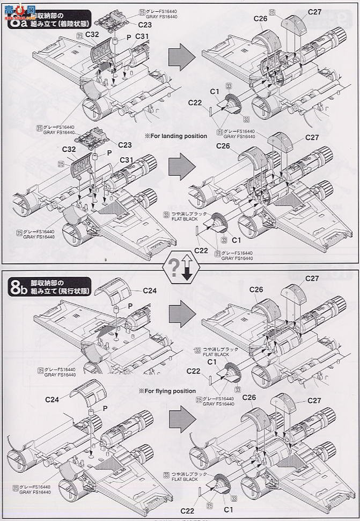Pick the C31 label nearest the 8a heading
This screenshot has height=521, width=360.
(142, 36)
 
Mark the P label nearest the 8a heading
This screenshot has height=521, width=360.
(128, 36)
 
